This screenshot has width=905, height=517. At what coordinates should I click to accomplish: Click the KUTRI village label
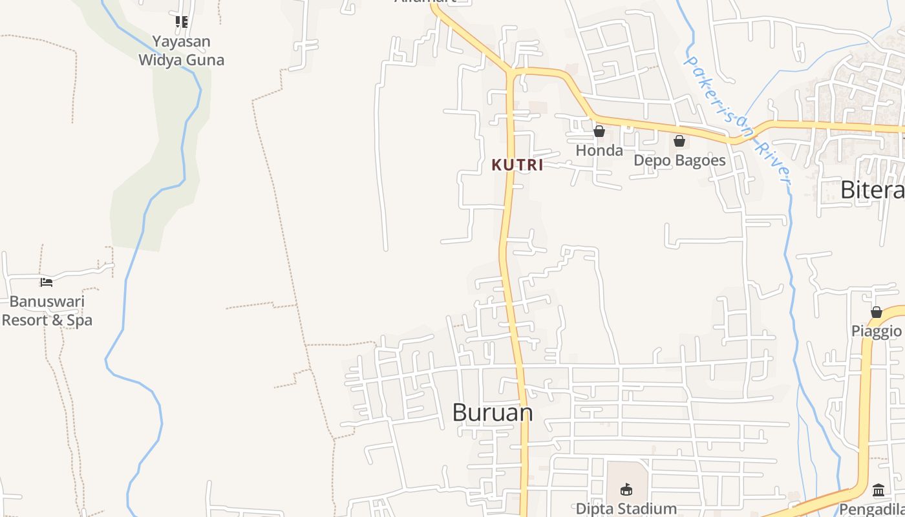(x=517, y=165)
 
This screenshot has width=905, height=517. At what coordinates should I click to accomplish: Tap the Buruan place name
(x=493, y=412)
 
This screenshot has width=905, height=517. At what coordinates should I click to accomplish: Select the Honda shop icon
(x=599, y=132)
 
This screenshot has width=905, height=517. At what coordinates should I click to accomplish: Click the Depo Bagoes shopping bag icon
(x=679, y=141)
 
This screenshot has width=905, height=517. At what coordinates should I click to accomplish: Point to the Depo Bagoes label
(x=679, y=160)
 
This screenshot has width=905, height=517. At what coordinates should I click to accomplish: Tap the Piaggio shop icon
(x=877, y=312)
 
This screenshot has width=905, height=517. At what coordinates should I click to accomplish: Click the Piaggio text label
(x=876, y=331)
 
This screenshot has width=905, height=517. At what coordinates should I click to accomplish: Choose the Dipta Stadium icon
(x=626, y=489)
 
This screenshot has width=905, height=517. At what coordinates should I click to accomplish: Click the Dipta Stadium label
(x=626, y=509)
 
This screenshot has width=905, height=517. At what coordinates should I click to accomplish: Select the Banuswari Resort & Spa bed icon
(x=46, y=282)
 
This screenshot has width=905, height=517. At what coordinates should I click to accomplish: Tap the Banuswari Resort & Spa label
(x=47, y=311)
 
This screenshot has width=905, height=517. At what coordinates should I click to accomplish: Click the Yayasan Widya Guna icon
(x=182, y=22)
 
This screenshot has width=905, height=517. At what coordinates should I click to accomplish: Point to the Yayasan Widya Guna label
(x=182, y=50)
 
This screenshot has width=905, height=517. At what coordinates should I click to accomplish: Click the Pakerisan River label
(x=738, y=120)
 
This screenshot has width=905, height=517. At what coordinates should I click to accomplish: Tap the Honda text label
(x=599, y=151)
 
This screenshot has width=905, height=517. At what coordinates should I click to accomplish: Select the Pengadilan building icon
(x=878, y=491)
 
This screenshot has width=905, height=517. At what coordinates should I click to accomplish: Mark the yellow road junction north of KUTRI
(x=510, y=72)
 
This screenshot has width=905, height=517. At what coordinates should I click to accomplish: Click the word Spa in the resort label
(x=80, y=321)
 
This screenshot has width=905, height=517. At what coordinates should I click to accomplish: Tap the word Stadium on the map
(x=646, y=509)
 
